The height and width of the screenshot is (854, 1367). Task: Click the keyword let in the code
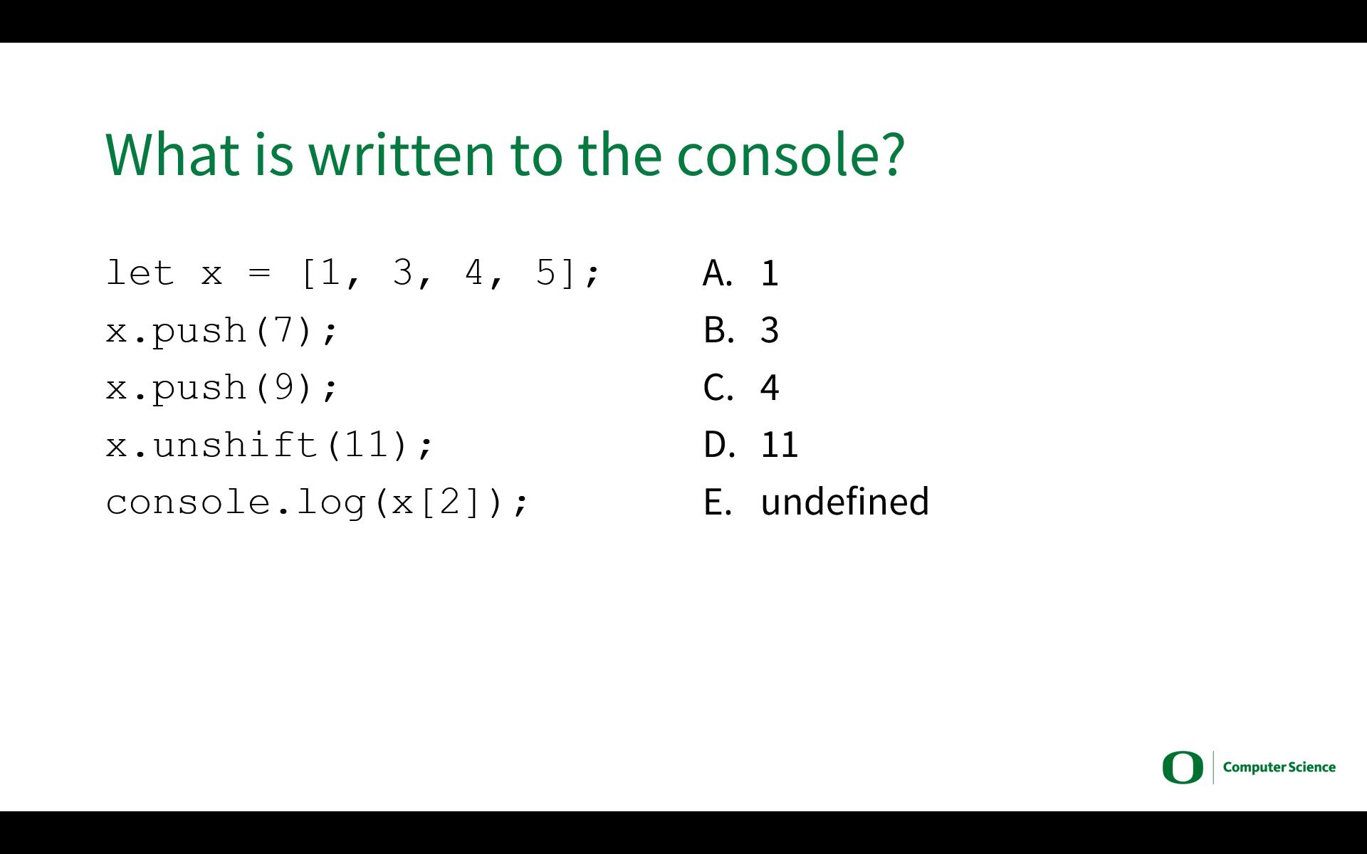tap(140, 273)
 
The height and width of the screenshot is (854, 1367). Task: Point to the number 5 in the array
tap(545, 273)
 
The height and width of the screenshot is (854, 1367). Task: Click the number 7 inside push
tap(283, 330)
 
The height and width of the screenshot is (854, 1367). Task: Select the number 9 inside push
tap(283, 387)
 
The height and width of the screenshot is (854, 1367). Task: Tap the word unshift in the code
tap(235, 445)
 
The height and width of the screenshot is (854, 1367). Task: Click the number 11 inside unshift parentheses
tap(365, 445)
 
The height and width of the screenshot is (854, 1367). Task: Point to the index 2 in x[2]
tap(450, 502)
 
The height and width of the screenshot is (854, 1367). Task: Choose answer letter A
tap(717, 273)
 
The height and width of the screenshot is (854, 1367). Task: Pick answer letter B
tap(718, 330)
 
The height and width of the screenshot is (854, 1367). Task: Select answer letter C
tap(718, 388)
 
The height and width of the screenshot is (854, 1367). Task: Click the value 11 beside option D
tap(780, 446)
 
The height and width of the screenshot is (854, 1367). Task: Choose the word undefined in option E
tap(845, 501)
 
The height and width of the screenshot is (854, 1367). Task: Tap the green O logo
tap(1183, 767)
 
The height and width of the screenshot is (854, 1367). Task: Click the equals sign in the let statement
tap(260, 273)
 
